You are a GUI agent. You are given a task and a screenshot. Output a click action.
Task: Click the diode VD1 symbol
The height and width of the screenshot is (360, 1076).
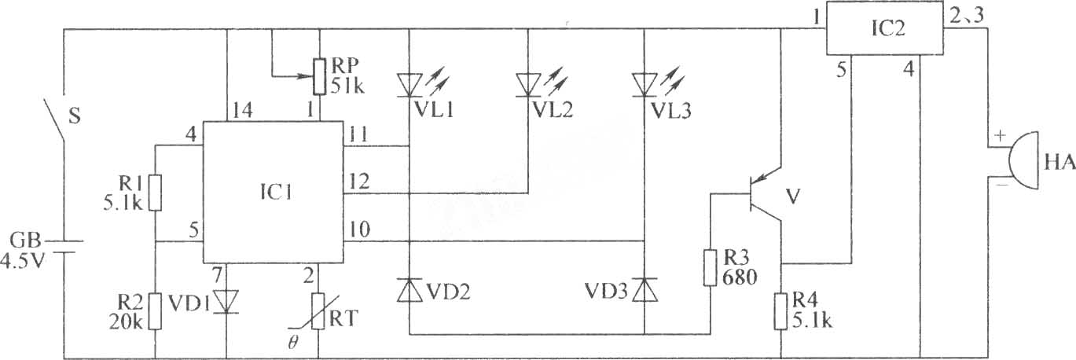[x=226, y=301]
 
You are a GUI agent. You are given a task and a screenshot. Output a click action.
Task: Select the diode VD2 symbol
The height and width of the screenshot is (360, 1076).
[x=409, y=290]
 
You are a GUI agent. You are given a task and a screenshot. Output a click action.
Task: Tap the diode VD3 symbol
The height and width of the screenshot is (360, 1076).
[x=644, y=290]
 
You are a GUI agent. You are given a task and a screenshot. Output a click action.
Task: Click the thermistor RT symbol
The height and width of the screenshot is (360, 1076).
[x=318, y=311]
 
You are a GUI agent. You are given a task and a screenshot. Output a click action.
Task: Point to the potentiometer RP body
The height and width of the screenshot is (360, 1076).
[x=320, y=76]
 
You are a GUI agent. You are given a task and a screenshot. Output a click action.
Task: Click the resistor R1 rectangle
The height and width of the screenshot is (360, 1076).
[x=155, y=193]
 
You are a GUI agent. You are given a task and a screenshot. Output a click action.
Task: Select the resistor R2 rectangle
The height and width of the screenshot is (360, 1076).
[x=155, y=311]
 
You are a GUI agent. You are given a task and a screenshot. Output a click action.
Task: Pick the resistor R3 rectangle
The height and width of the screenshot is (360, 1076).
[x=711, y=268]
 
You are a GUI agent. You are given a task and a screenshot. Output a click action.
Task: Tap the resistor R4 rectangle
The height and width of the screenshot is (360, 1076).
[x=780, y=311]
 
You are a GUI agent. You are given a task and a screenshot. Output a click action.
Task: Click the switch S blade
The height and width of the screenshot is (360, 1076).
[x=54, y=120]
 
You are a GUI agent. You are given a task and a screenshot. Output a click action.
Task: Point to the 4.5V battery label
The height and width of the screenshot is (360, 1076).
[x=23, y=262]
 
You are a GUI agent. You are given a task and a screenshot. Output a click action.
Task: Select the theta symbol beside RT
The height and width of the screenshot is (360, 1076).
[x=292, y=343]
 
